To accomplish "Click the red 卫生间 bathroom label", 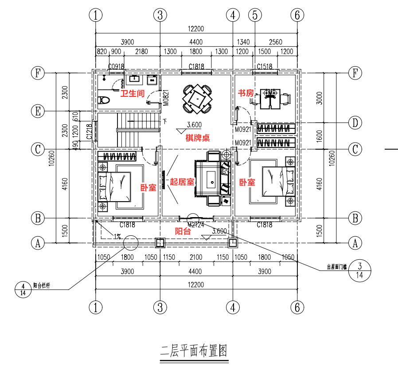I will [x=133, y=93].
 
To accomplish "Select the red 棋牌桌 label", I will [x=197, y=138].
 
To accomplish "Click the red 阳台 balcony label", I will [x=183, y=231].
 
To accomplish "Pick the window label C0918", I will [x=117, y=67].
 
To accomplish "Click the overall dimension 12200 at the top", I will [x=195, y=29].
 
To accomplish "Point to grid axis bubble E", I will [x=39, y=111].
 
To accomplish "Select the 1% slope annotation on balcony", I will [x=117, y=236].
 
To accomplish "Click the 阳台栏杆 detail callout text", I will [x=41, y=286].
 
